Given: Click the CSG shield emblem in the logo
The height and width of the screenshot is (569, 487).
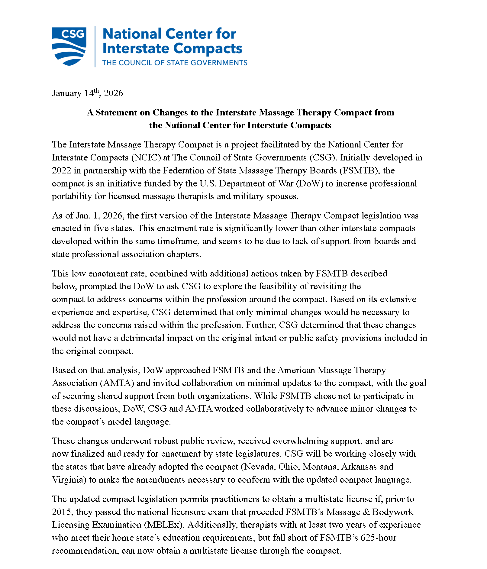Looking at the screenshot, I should coord(69,46).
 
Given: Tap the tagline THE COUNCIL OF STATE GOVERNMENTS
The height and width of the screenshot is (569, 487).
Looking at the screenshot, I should coord(175,63).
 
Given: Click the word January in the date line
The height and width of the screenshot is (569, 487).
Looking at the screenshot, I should coord(67,93).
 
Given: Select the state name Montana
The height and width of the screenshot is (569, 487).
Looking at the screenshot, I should coord(320,467).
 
